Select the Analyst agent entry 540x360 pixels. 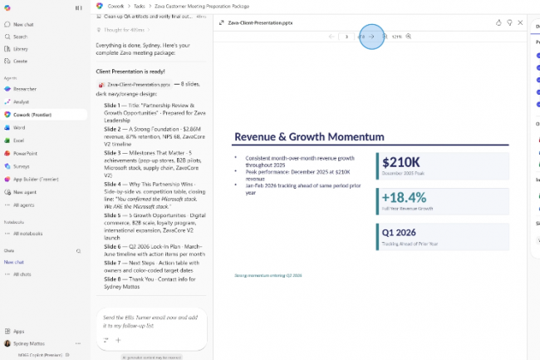21,101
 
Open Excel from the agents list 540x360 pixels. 18,141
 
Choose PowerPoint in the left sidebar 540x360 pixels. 24,153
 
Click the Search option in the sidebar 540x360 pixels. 20,37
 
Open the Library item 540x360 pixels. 20,49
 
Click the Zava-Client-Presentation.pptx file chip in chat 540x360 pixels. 138,85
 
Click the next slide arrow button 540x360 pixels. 371,37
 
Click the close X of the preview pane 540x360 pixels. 521,22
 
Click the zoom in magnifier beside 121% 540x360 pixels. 409,37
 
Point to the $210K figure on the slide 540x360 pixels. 402,162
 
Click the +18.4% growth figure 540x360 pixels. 404,197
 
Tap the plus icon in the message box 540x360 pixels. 118,340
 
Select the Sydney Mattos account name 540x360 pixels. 30,343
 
